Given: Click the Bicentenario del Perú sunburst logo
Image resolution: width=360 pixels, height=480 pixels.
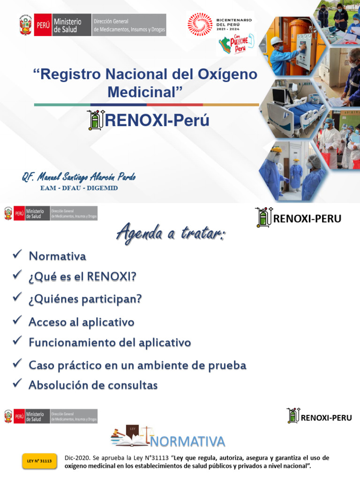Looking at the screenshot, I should coord(200,24).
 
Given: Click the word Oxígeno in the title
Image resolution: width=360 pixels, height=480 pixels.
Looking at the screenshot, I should coord(225,75).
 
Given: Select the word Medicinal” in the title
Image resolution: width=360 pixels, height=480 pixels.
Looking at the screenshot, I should coord(145,91).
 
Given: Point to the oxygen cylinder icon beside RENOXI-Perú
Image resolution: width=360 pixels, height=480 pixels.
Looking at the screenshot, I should coord(96,120).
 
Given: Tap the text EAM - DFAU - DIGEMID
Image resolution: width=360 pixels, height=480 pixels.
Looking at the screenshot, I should coord(79,188).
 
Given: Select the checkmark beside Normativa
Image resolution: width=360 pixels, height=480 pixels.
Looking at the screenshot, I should coord(18,254).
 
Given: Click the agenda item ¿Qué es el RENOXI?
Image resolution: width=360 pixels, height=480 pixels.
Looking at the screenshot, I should coord(82,277).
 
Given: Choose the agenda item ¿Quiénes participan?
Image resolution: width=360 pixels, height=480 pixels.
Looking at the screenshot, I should coord(85,299).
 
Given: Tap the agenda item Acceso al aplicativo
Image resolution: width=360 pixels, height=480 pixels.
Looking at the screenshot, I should coord(82,322).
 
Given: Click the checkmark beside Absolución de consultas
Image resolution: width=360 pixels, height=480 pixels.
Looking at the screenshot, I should coord(18,383).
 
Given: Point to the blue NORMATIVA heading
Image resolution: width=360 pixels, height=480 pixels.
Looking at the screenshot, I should coord(188,441).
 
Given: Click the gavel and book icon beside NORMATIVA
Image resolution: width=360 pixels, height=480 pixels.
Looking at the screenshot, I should coord(131,436).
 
